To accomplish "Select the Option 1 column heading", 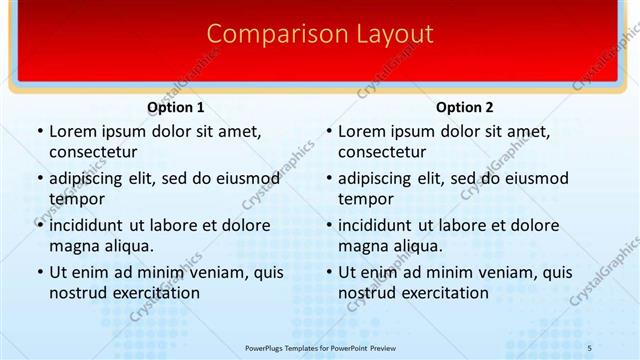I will (x=175, y=107).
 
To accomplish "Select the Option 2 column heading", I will (x=465, y=107).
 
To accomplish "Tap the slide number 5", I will (x=589, y=346).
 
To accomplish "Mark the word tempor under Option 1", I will (x=76, y=199).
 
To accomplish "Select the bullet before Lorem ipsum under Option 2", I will (x=328, y=131).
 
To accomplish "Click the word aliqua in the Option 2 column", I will (x=418, y=246).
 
